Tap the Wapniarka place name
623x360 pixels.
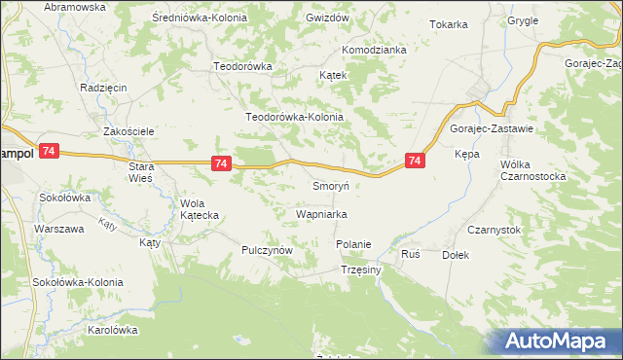pos(321,213)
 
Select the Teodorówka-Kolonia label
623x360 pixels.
pos(295,117)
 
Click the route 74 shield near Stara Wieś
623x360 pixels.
pos(221,164)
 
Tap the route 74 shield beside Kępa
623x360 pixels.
pos(415,161)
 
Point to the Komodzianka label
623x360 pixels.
pos(373,50)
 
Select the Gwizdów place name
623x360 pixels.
pos(327,18)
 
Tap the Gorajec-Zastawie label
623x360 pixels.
pos(491,128)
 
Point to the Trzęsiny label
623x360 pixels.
pos(360,270)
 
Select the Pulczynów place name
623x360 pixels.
pos(268,250)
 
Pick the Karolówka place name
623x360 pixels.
pos(113,330)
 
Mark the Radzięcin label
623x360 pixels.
pos(104,87)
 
